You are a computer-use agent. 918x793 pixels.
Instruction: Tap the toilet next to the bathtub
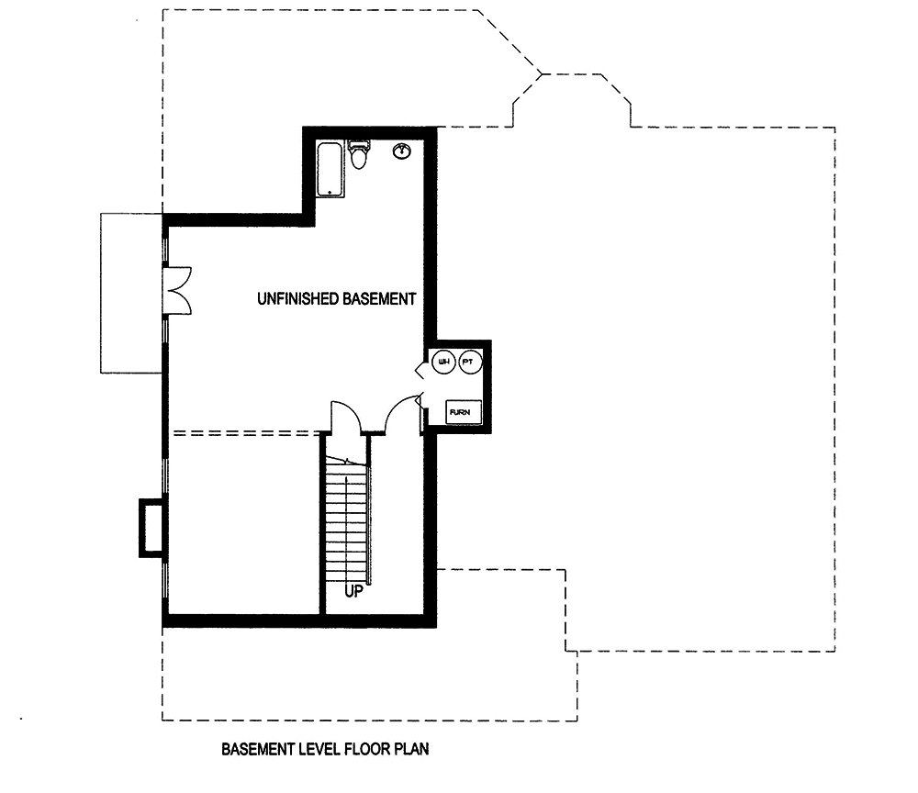[x=359, y=156]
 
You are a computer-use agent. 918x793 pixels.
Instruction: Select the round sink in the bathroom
[x=402, y=151]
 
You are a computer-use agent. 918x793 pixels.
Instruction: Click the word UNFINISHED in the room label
[x=297, y=298]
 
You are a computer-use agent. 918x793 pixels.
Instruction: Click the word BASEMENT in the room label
[x=379, y=298]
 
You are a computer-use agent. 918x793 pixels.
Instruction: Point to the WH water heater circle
[x=443, y=363]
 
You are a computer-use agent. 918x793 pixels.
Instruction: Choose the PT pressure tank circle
[x=468, y=363]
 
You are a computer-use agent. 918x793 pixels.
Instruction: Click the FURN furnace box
[x=459, y=412]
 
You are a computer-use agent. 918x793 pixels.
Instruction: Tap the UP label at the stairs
[x=355, y=591]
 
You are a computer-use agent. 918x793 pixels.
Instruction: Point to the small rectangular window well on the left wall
[x=150, y=528]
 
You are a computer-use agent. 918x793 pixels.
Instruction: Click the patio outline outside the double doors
[x=130, y=292]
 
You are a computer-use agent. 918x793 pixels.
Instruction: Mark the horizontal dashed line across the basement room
[x=243, y=432]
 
